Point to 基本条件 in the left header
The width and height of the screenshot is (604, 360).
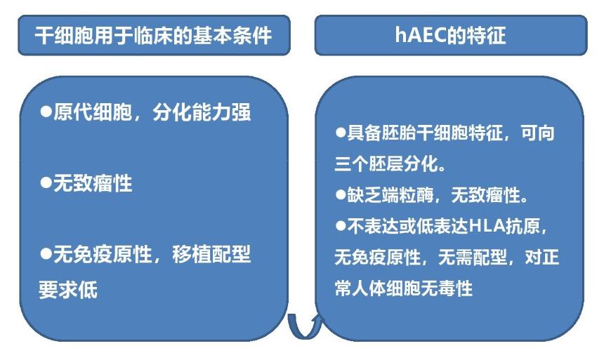coord(232,36)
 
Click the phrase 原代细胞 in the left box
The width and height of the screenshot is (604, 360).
coord(93,112)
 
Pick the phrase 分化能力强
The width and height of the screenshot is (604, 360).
coord(202,112)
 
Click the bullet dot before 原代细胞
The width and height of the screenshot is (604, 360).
coord(46,112)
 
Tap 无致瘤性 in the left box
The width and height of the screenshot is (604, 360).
coord(93,183)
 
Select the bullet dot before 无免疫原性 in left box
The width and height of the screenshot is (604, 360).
coord(46,254)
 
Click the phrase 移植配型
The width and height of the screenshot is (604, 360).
coord(211,254)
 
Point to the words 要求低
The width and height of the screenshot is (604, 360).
coord(68,290)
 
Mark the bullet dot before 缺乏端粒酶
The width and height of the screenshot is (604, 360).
coord(341,194)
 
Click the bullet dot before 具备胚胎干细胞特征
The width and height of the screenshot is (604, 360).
coord(341,133)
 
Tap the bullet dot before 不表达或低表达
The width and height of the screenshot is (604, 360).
coord(341,226)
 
